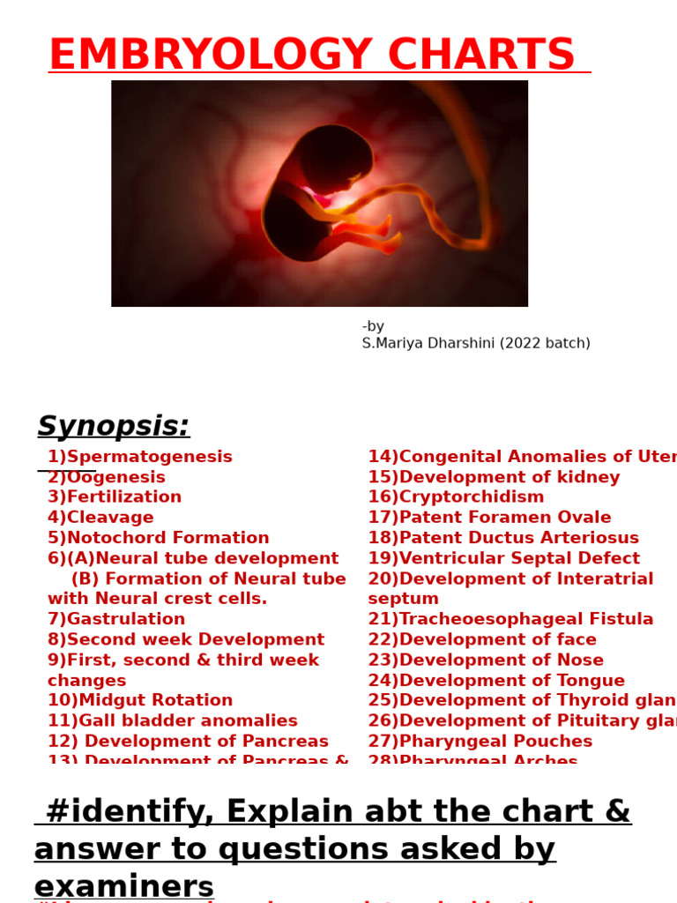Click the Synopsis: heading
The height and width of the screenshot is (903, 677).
pyautogui.click(x=114, y=427)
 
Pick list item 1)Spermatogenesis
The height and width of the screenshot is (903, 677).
pyautogui.click(x=140, y=457)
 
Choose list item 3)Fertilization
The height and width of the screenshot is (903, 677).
pyautogui.click(x=115, y=497)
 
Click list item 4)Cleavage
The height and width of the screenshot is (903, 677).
pyautogui.click(x=100, y=518)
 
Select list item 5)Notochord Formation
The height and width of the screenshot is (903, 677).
pyautogui.click(x=159, y=538)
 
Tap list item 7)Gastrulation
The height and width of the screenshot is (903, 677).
pyautogui.click(x=116, y=619)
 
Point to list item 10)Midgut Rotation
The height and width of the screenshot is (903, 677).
pyautogui.click(x=140, y=700)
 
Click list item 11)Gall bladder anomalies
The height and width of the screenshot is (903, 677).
pyautogui.click(x=173, y=720)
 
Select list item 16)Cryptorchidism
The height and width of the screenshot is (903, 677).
pyautogui.click(x=456, y=497)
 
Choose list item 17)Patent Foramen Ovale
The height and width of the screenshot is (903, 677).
pyautogui.click(x=489, y=518)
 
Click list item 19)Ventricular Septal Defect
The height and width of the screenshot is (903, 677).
pyautogui.click(x=503, y=558)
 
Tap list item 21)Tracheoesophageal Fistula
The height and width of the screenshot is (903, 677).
pyautogui.click(x=510, y=619)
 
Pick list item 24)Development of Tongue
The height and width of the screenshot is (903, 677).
pyautogui.click(x=496, y=680)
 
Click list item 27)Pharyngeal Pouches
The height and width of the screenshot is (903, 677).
pyautogui.click(x=480, y=741)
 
